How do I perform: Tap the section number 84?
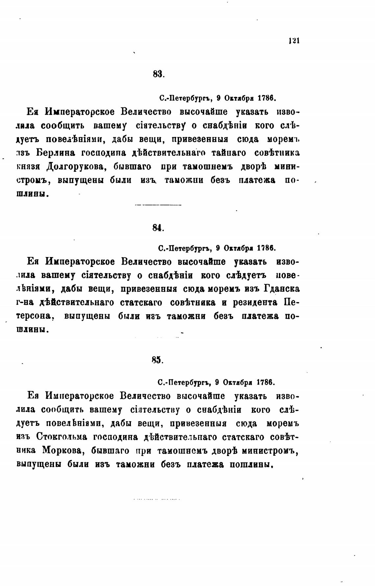tap(158, 228)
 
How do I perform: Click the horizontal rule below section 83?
tap(158, 205)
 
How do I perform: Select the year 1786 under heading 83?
tap(266, 98)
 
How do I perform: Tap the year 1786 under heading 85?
tap(266, 382)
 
